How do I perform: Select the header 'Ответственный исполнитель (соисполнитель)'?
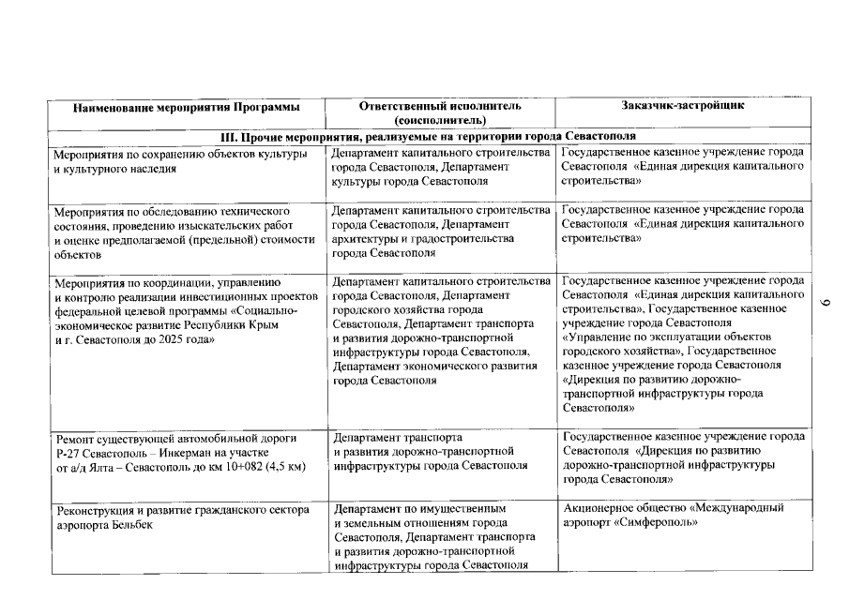coord(440,112)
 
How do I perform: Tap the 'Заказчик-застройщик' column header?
coord(684,105)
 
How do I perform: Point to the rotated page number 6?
coord(826,302)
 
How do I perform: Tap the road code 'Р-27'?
coord(68,452)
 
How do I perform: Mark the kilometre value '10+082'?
coord(238,466)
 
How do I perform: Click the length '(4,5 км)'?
coord(284,466)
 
